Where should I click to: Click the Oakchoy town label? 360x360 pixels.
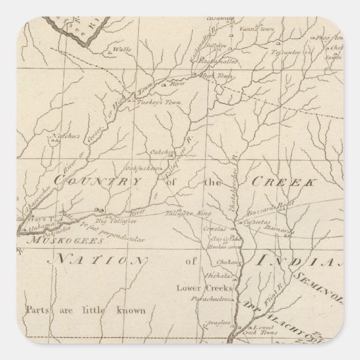[162, 151]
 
